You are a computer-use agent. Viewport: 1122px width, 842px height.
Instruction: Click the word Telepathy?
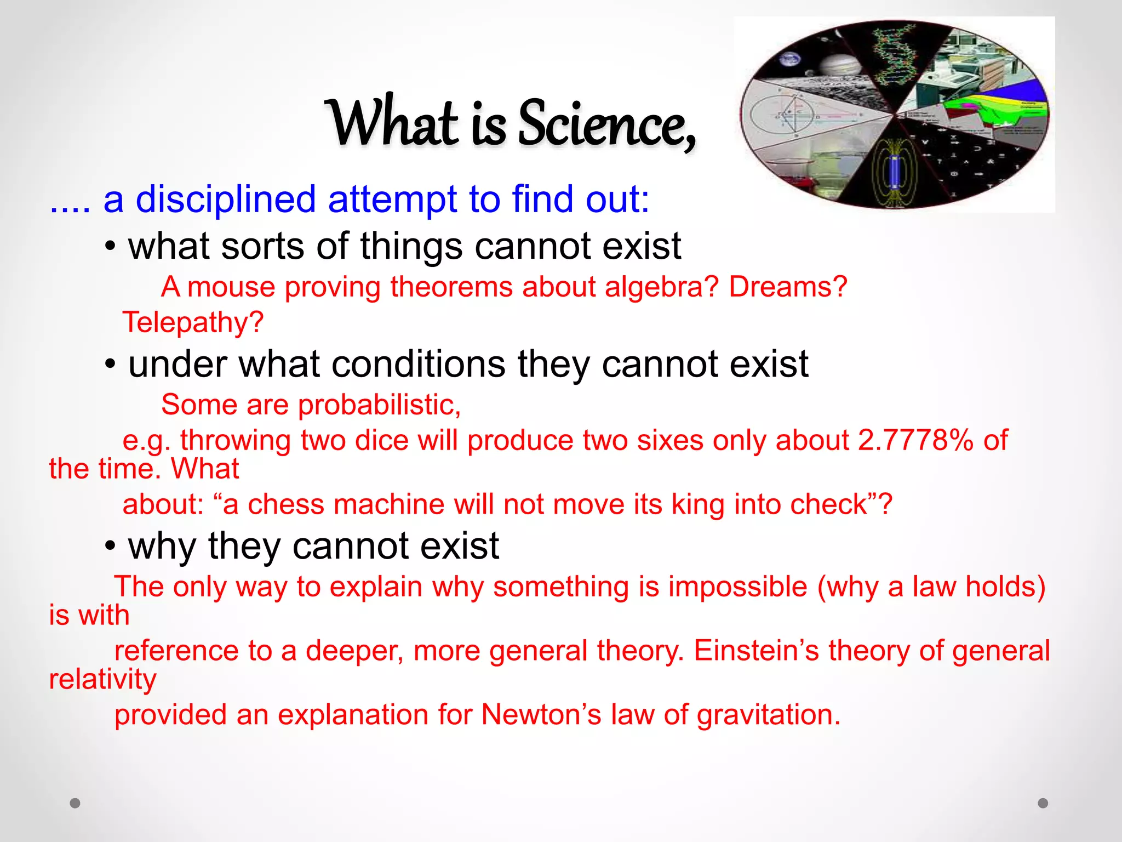click(x=193, y=322)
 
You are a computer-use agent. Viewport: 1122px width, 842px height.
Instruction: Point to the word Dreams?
click(x=788, y=287)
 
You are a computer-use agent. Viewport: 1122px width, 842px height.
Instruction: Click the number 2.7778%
click(x=915, y=440)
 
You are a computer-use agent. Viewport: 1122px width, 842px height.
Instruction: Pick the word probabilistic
click(x=379, y=405)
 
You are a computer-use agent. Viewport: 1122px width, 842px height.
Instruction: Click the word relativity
click(x=103, y=680)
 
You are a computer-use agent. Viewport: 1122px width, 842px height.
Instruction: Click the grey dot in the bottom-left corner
click(x=75, y=803)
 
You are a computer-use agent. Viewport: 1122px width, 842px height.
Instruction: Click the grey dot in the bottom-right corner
click(x=1043, y=803)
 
